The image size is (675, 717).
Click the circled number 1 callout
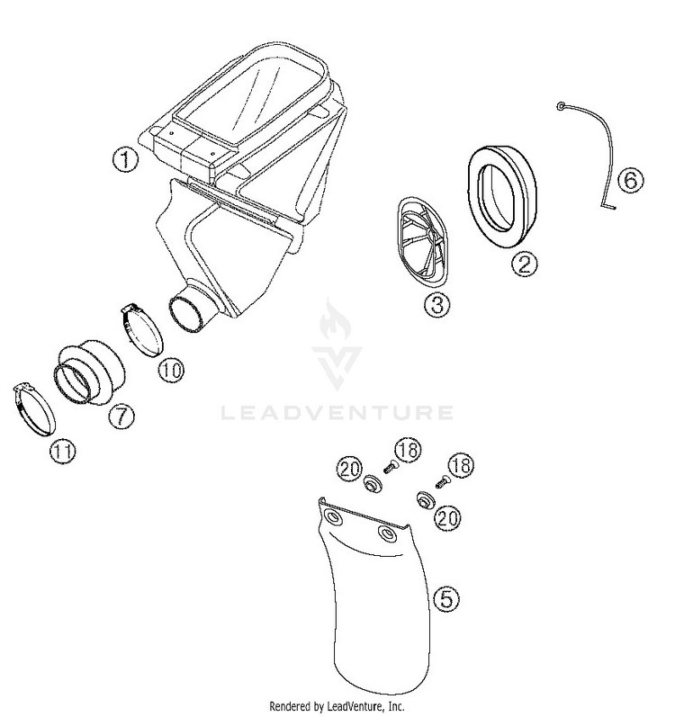click(x=125, y=159)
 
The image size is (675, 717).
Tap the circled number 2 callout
click(x=524, y=264)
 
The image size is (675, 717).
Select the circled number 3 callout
click(x=437, y=304)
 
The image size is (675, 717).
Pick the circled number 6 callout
click(x=631, y=180)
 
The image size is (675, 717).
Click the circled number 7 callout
click(x=121, y=417)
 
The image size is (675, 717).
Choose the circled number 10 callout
click(x=172, y=370)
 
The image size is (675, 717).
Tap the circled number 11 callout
click(x=63, y=452)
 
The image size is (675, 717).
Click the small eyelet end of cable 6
click(x=561, y=106)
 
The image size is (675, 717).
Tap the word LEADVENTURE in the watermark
click(x=337, y=412)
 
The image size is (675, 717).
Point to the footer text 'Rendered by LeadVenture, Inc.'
click(x=337, y=706)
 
